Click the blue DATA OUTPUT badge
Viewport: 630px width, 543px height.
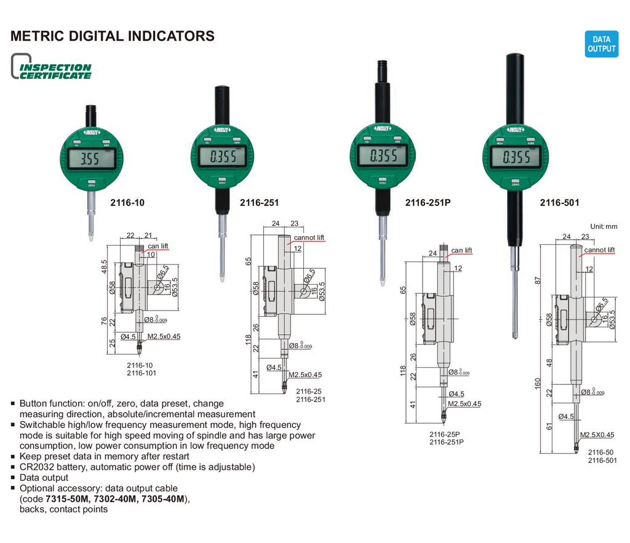tap(601, 44)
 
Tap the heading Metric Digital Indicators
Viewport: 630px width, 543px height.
tap(113, 36)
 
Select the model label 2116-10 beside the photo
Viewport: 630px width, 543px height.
tap(127, 202)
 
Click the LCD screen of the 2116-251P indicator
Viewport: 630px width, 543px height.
tap(382, 156)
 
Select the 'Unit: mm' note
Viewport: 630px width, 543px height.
tap(603, 226)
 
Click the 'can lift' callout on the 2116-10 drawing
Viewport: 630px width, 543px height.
tap(157, 246)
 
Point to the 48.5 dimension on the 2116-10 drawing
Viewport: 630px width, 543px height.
tap(104, 266)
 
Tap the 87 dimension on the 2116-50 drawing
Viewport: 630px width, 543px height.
tap(537, 280)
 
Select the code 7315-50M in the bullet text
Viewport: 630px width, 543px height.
tap(65, 499)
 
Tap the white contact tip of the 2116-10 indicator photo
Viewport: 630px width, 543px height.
tap(90, 236)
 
